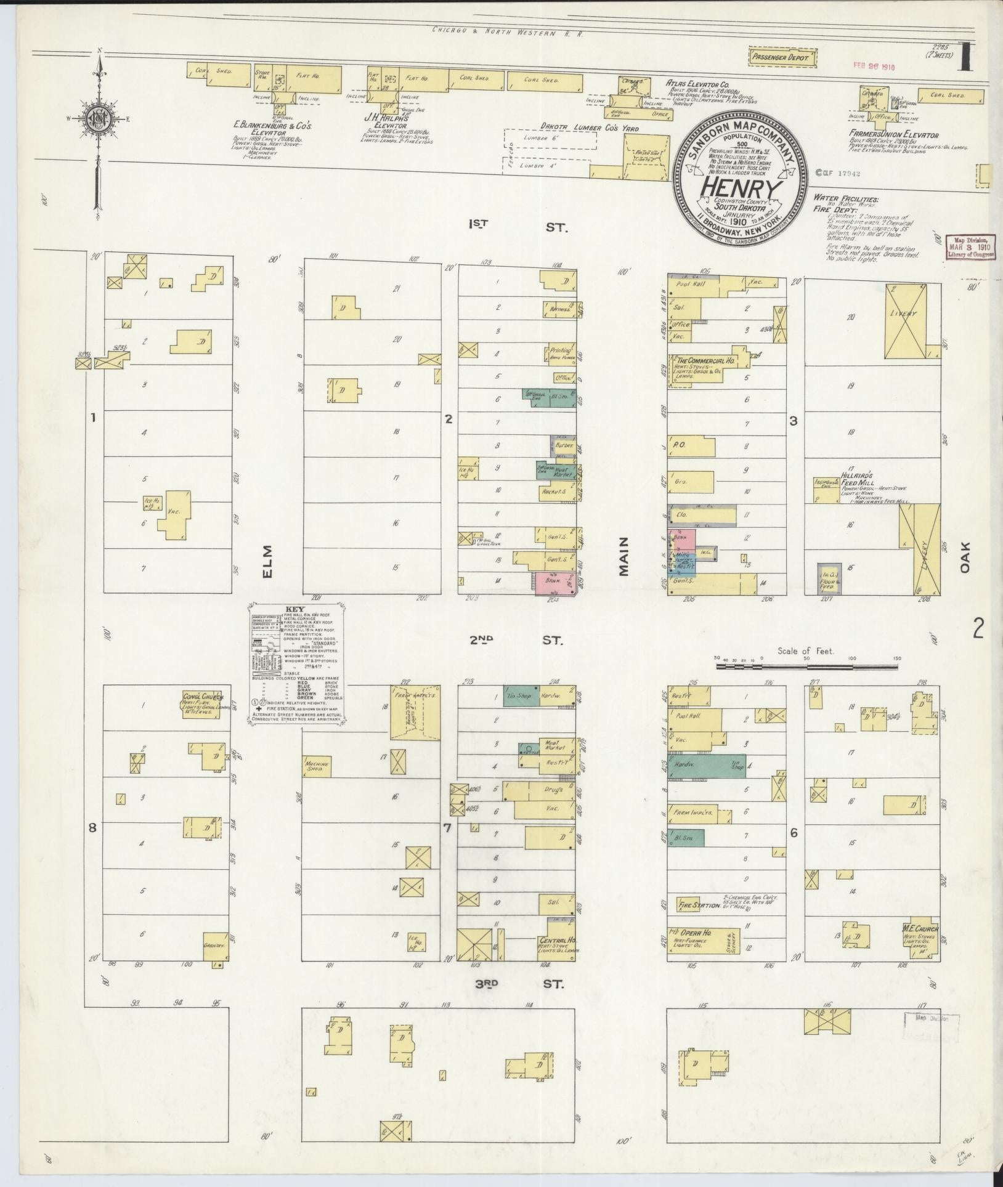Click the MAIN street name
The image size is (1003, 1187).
(623, 556)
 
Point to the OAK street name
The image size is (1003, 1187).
(964, 556)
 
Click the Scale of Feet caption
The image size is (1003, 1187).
(805, 650)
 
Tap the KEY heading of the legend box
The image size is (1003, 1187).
(297, 609)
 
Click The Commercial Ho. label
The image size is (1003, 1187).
(705, 359)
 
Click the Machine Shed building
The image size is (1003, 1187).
(318, 764)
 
